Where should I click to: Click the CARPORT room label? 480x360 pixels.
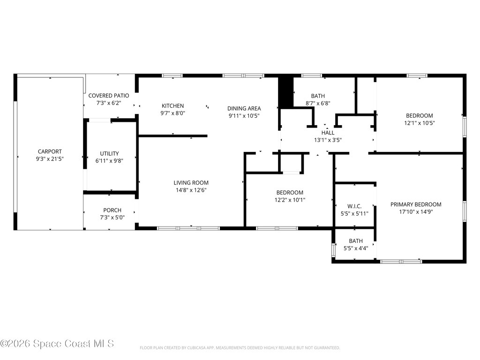50,151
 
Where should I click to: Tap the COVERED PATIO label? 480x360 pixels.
109,96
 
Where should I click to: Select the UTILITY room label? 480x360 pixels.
109,153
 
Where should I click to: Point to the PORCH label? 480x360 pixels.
112,210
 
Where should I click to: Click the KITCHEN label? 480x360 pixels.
173,105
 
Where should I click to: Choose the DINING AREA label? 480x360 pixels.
244,108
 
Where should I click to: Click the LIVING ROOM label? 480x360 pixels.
191,183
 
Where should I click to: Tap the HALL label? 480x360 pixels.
328,133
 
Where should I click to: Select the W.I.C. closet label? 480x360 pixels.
354,206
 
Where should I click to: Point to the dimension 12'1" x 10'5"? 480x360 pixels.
419,123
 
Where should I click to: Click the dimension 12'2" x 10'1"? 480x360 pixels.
290,200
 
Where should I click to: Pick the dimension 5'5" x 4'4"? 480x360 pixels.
355,248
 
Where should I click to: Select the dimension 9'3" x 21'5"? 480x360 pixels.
50,159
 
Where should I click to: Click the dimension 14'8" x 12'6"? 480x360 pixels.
191,190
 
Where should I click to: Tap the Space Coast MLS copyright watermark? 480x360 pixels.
57,344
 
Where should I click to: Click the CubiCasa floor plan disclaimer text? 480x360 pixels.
240,348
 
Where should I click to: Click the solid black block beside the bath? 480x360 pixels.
285,92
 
